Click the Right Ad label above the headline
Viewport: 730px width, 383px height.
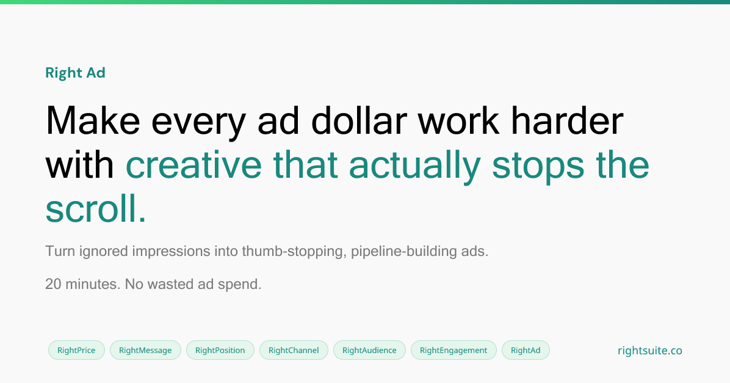(75, 73)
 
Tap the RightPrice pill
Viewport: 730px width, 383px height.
(76, 350)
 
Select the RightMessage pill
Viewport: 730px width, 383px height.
(145, 350)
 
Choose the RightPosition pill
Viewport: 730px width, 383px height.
(220, 350)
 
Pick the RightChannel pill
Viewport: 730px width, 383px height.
(294, 350)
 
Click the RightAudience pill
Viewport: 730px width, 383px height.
(369, 350)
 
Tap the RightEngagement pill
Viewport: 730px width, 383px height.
(454, 350)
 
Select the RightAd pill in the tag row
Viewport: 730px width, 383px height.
(526, 350)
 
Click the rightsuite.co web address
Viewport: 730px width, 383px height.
(649, 351)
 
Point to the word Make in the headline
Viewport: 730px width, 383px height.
(93, 120)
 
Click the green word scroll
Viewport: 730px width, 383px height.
(96, 209)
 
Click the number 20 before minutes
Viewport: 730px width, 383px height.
(53, 284)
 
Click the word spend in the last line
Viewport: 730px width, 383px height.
(242, 285)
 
